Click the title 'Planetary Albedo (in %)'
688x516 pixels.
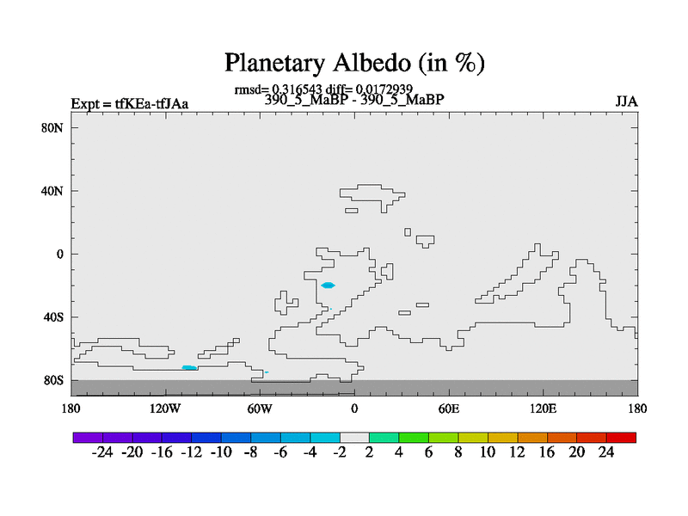(x=354, y=63)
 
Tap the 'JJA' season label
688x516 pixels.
(x=626, y=101)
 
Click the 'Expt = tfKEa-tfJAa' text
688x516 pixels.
(x=130, y=104)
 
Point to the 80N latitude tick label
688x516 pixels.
(x=52, y=128)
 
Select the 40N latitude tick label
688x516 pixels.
(x=52, y=191)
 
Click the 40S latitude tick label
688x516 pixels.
(x=53, y=317)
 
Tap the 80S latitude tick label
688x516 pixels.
(x=53, y=380)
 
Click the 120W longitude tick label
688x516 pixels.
(x=165, y=409)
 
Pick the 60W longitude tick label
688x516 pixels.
(x=260, y=409)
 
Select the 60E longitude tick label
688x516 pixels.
(x=449, y=409)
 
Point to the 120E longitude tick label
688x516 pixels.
(x=544, y=409)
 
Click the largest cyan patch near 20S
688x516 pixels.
(x=328, y=286)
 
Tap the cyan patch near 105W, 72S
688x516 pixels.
(x=189, y=368)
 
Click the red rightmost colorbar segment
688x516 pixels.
(x=621, y=438)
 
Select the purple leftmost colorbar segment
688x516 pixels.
(x=88, y=438)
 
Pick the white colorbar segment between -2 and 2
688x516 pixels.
(x=354, y=438)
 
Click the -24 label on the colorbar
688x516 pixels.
(x=102, y=452)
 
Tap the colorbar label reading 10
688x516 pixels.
(x=488, y=452)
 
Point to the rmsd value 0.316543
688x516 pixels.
(x=297, y=89)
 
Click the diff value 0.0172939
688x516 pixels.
(x=384, y=89)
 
